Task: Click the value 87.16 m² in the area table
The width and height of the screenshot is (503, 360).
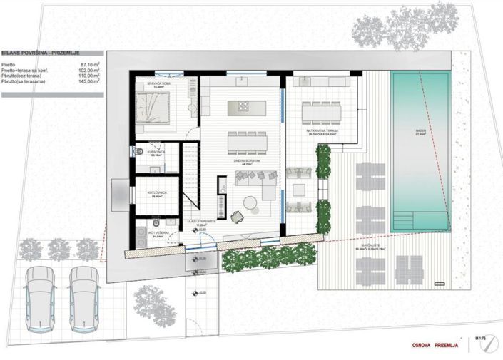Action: (x=89, y=65)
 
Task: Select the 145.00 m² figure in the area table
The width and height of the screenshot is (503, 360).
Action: (x=88, y=82)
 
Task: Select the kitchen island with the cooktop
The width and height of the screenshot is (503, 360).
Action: (x=246, y=108)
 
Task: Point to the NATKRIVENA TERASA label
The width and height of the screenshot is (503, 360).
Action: (x=321, y=132)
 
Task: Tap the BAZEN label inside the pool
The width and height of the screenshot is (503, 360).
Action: (x=420, y=131)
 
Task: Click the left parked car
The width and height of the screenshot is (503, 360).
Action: (x=41, y=299)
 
